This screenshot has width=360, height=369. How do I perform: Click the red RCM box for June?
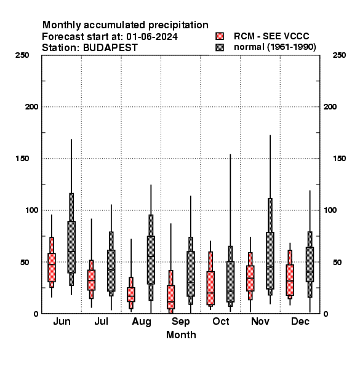point(52,268)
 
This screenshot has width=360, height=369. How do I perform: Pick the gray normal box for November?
point(270,261)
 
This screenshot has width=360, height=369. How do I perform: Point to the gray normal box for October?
point(230,282)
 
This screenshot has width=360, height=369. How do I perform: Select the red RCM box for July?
point(91,280)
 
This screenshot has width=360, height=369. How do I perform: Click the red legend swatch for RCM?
point(220,36)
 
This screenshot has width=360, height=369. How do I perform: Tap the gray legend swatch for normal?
point(220,47)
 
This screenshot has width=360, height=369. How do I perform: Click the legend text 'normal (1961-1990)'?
point(275,47)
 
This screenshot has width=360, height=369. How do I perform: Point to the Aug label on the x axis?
point(142,322)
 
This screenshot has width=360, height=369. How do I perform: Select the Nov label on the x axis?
point(260,321)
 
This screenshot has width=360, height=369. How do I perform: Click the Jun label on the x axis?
point(62,321)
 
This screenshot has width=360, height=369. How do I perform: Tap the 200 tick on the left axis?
point(31,107)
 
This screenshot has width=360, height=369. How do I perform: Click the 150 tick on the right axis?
point(339,159)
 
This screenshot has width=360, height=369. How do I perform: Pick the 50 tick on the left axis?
point(25,262)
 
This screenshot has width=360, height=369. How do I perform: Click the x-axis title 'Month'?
point(181,335)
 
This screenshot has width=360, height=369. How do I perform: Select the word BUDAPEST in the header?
point(110,48)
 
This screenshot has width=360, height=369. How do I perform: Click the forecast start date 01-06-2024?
point(152,37)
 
